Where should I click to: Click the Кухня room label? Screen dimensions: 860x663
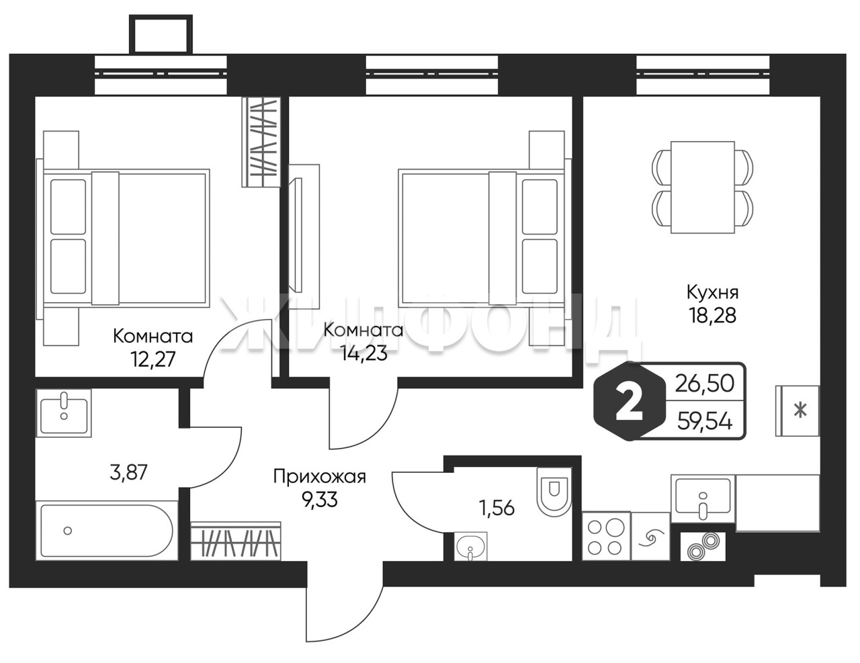point(713,293)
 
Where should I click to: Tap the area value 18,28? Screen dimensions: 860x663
point(713,316)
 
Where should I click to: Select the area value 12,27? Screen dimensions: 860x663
point(153,360)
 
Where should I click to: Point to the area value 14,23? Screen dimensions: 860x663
point(365,353)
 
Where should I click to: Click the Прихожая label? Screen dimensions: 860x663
point(320,477)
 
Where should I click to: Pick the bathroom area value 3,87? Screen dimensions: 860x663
point(128,472)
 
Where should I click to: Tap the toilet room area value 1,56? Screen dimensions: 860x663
point(497,508)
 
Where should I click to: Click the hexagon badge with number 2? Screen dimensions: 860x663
point(630,402)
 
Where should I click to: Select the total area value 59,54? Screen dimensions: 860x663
point(705,422)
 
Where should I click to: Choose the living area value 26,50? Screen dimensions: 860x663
point(705,384)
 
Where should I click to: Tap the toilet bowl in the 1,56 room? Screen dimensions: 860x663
point(554,492)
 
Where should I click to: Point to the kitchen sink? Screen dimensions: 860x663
point(703,498)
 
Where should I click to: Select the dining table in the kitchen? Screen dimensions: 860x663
point(703,187)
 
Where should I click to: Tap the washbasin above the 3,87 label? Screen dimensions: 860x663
point(64,412)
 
